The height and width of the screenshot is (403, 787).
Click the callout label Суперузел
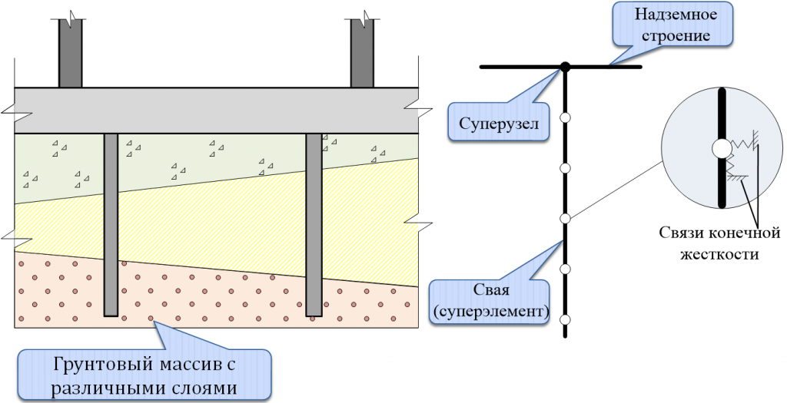pyautogui.click(x=500, y=123)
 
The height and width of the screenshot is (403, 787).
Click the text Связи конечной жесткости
pyautogui.click(x=708, y=243)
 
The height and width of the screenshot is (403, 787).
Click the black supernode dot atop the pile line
pyautogui.click(x=565, y=67)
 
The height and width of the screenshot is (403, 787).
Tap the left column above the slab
pyautogui.click(x=71, y=54)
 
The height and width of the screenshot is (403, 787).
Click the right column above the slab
pyautogui.click(x=362, y=54)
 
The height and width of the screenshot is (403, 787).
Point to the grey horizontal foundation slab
pyautogui.click(x=215, y=110)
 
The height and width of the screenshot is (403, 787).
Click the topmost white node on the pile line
pyautogui.click(x=565, y=117)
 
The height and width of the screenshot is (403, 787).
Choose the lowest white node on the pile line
pyautogui.click(x=565, y=319)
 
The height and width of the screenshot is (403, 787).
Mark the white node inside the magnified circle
pyautogui.click(x=721, y=148)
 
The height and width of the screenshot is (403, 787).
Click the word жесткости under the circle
pyautogui.click(x=708, y=254)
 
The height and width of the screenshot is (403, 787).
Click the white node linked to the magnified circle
pyautogui.click(x=565, y=219)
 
